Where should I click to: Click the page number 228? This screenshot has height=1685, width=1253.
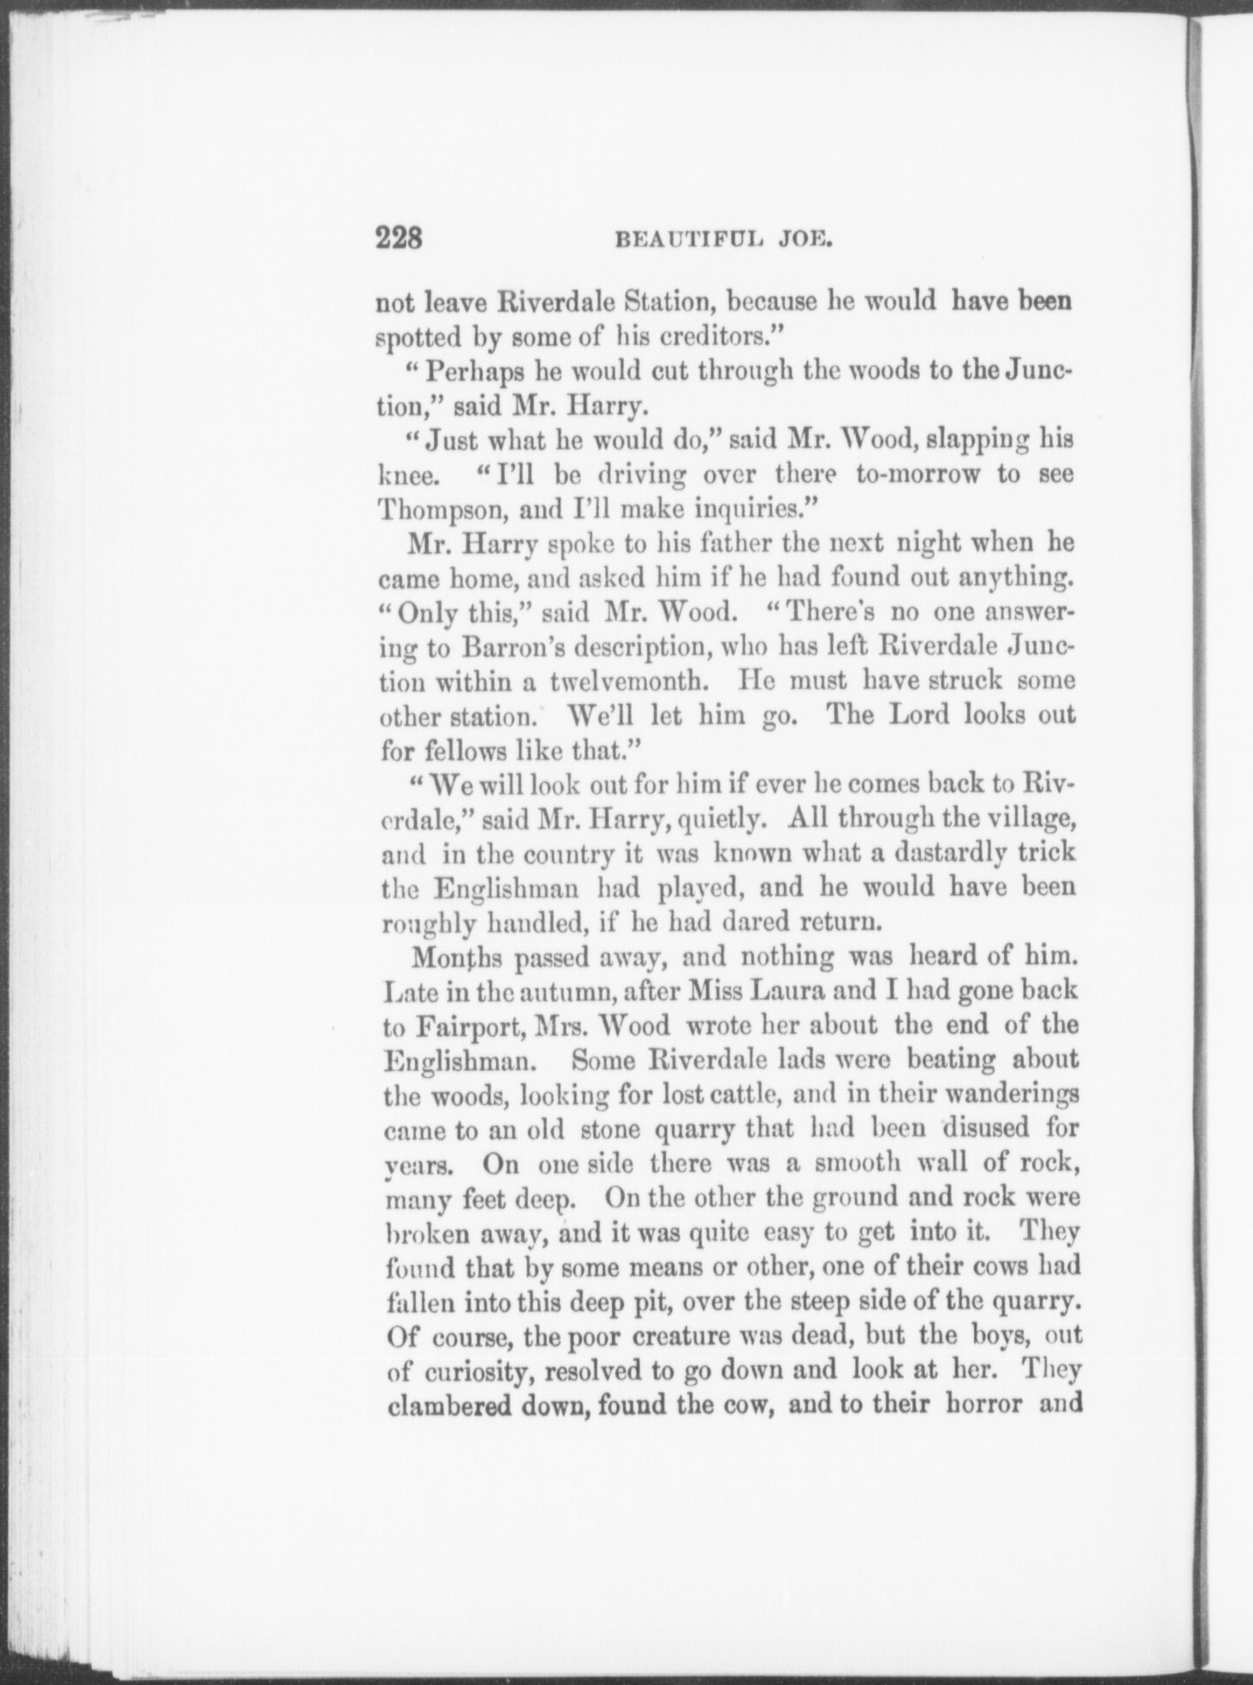click(399, 236)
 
